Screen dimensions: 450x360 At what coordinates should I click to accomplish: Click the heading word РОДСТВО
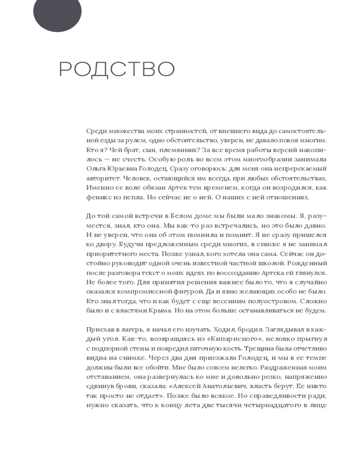[117, 69]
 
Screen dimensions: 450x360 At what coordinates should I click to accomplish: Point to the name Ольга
[95, 169]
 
